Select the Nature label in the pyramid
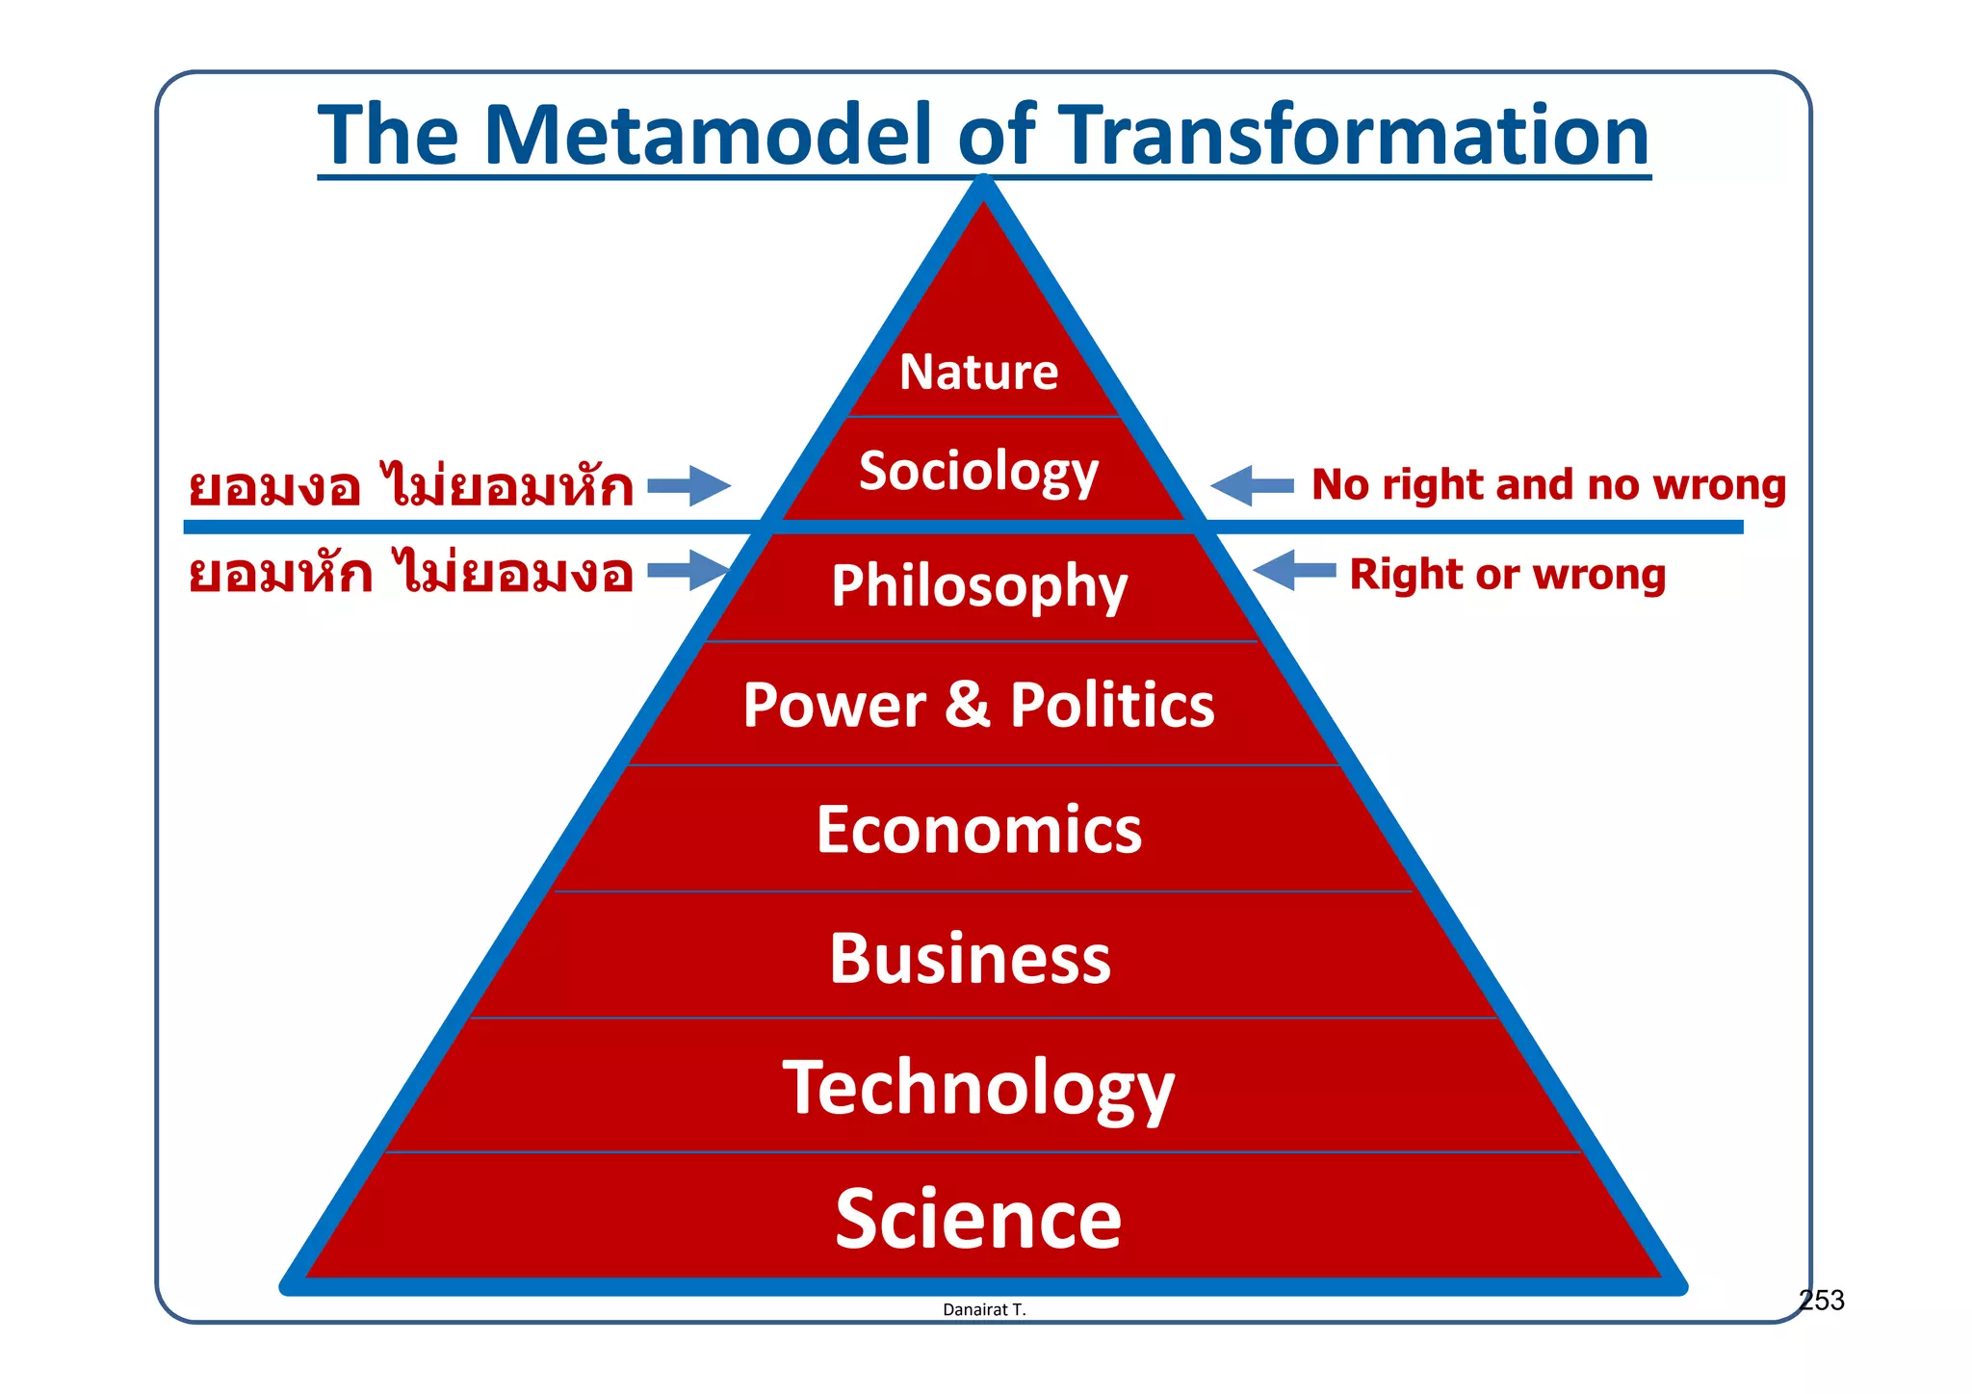click(978, 372)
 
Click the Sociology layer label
click(978, 472)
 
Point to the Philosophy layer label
click(979, 586)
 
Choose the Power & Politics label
click(978, 705)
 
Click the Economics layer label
click(979, 830)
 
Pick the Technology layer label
click(978, 1088)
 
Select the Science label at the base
click(978, 1219)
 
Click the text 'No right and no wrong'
click(1548, 484)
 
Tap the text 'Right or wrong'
click(1507, 574)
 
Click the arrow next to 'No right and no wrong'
click(1252, 485)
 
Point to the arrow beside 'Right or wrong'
click(1294, 571)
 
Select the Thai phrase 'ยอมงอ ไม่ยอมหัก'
click(411, 486)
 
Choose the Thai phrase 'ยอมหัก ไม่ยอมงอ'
click(411, 574)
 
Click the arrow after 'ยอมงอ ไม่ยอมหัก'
click(689, 485)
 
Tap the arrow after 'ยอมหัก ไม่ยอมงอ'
click(688, 570)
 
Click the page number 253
click(1822, 1301)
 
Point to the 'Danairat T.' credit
click(984, 1309)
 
